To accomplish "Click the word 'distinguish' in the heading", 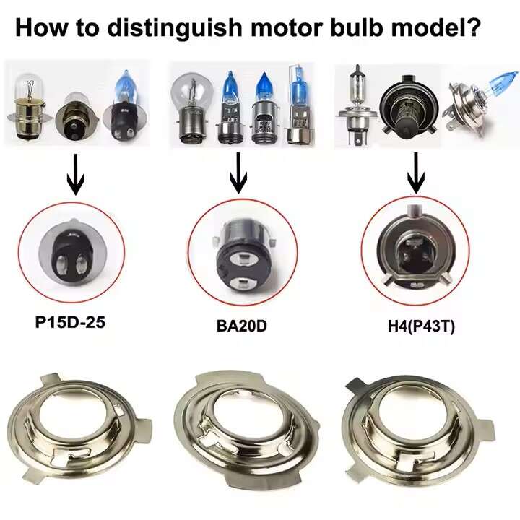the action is [x=175, y=27].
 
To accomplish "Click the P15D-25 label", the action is [x=70, y=322].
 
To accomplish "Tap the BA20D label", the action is [x=241, y=326].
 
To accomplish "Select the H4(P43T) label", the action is [x=421, y=326].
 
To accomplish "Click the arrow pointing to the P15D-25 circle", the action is [x=76, y=175].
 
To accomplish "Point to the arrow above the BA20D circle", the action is [x=238, y=173].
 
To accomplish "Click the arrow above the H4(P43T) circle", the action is [x=416, y=173].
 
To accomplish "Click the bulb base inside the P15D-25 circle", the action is [x=71, y=253].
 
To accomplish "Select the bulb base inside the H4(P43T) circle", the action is [x=415, y=249].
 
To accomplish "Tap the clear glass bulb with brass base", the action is [x=30, y=106].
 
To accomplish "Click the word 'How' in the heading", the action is [x=40, y=27].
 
